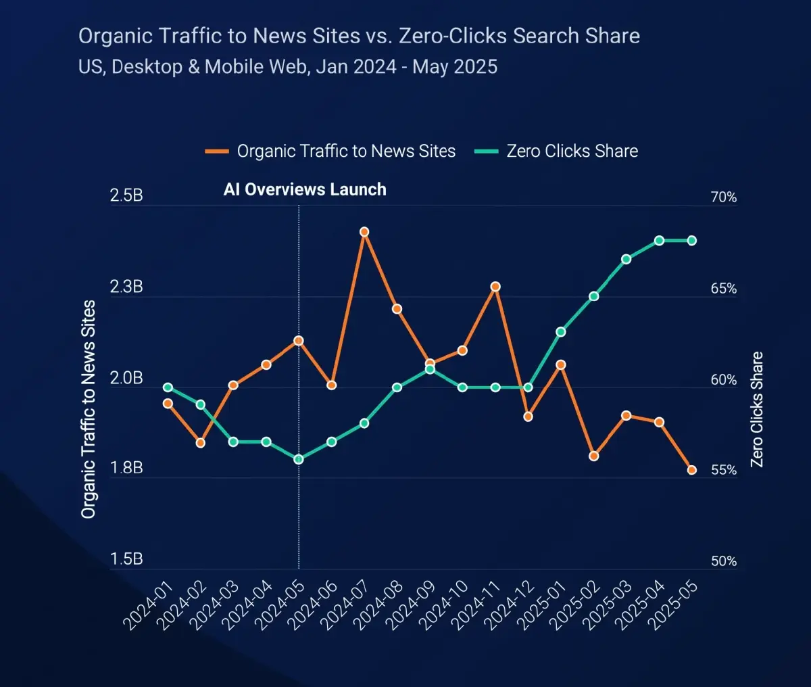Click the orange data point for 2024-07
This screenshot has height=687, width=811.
coord(364,232)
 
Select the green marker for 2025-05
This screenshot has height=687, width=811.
coord(692,241)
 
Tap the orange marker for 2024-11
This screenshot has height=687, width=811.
coord(495,287)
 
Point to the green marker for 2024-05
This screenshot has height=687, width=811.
coord(299,460)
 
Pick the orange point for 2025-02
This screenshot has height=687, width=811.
coord(594,456)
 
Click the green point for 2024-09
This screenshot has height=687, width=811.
coord(430,369)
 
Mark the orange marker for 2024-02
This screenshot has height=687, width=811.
coord(200,443)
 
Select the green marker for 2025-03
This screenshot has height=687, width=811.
coord(626,259)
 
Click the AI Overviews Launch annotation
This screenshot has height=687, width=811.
coord(305,189)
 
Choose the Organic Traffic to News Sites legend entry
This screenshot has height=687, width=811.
coord(331,151)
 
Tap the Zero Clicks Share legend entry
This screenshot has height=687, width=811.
coord(557,151)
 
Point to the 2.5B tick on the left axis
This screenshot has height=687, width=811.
coord(126,196)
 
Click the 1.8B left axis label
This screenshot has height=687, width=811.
coord(126,468)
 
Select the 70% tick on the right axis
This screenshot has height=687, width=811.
coord(723,197)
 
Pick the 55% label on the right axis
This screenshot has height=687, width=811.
coord(723,470)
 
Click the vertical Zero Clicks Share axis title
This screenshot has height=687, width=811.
coord(757,409)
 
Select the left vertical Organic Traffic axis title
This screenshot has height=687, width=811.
coord(89,409)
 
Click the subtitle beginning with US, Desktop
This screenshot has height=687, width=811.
coord(288,67)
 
